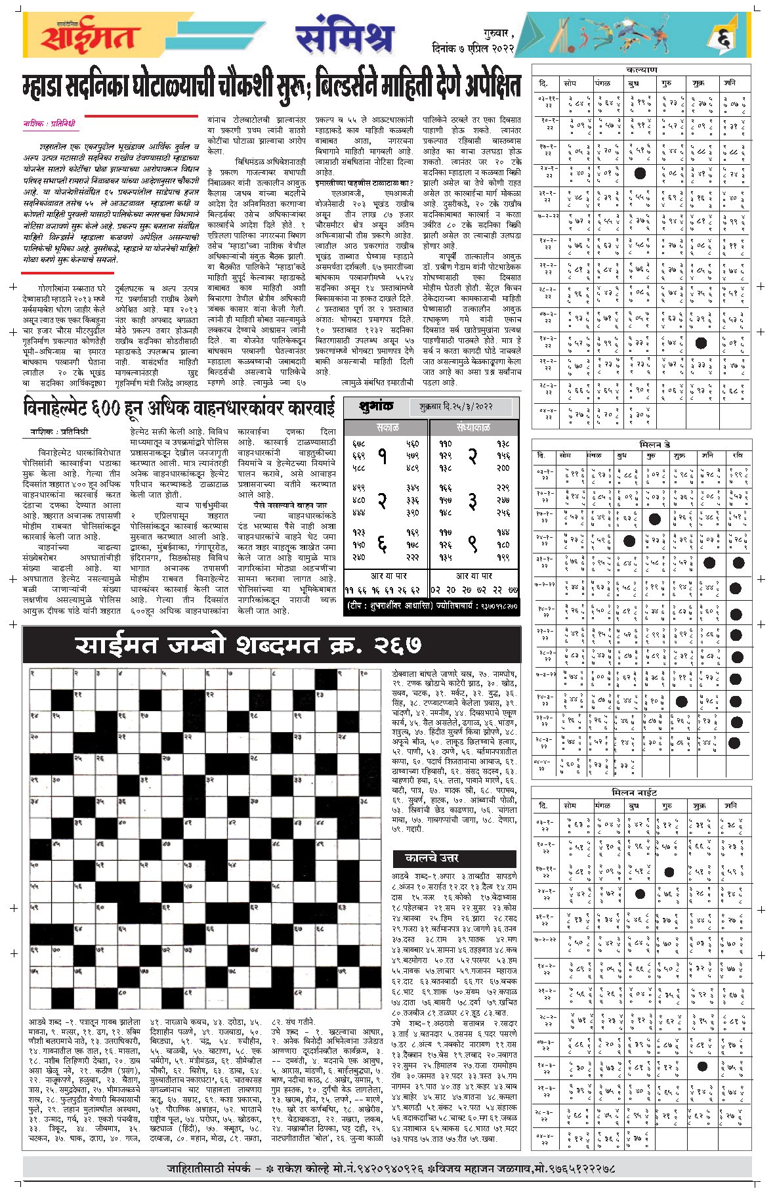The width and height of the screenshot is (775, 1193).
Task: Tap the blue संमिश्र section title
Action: tap(344, 37)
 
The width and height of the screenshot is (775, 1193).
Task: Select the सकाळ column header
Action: tap(387, 427)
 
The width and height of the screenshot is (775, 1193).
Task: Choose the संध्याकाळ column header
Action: tap(473, 427)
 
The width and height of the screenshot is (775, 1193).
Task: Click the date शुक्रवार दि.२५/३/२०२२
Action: tap(455, 407)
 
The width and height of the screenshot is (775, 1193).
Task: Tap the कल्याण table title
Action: tap(640, 70)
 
